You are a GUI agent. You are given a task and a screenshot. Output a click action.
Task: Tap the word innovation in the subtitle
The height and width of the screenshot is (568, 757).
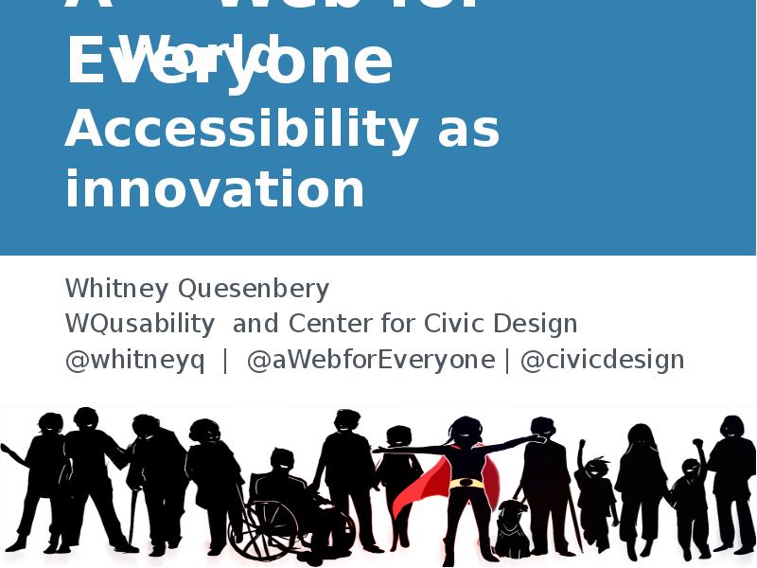pos(215,189)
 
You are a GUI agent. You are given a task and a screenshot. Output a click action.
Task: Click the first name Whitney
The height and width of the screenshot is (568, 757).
pos(117,288)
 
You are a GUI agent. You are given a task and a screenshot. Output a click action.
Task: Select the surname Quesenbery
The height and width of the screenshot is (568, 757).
pos(254,288)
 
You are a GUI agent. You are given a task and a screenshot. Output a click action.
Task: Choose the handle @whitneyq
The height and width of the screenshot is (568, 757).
pos(134,360)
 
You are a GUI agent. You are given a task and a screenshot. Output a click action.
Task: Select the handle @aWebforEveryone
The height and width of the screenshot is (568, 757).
pos(371,360)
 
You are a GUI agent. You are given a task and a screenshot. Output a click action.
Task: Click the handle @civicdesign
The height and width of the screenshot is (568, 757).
pos(602,360)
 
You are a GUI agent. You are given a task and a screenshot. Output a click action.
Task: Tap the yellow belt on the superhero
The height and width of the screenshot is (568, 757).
pos(466,483)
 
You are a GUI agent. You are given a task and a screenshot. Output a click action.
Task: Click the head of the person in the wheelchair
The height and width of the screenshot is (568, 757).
pos(281,461)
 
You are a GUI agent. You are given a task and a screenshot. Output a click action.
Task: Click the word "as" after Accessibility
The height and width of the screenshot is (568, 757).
pos(468,131)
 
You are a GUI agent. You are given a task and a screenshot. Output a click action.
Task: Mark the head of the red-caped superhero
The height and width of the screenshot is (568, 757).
pos(467,431)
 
